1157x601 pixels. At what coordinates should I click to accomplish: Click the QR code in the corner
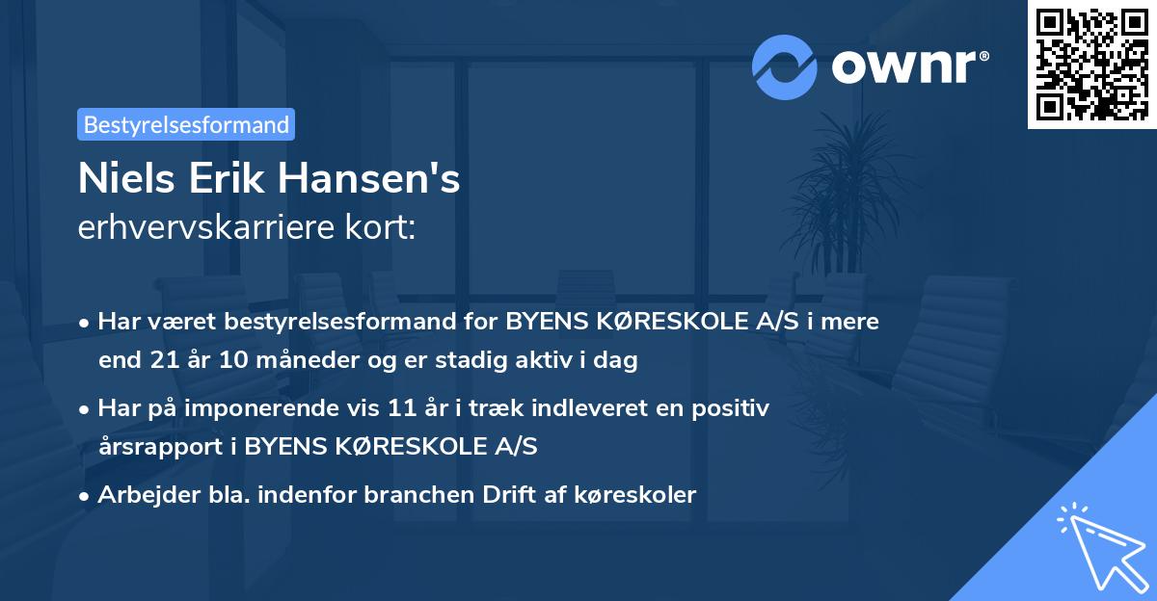[x=1091, y=64]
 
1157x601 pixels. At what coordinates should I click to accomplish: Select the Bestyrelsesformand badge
[x=186, y=124]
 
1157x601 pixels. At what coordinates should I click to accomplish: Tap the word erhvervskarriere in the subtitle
[x=204, y=228]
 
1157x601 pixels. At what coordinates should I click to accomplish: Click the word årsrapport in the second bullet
[x=152, y=447]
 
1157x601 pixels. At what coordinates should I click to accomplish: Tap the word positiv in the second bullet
[x=734, y=408]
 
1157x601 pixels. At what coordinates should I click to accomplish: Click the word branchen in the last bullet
[x=411, y=495]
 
